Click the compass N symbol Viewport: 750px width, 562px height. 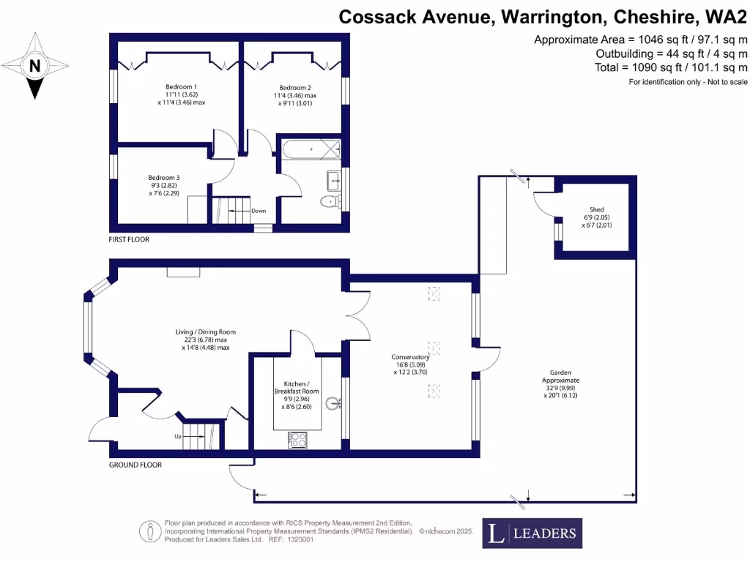34,66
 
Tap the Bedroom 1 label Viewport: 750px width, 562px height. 181,86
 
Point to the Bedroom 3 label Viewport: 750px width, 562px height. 163,177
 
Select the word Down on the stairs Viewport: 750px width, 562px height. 259,211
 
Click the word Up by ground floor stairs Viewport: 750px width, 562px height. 177,436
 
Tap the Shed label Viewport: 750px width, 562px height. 596,209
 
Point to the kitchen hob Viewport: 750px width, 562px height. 297,440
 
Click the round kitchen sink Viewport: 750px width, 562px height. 334,402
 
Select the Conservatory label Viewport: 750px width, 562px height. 409,357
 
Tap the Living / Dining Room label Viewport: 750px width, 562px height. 205,331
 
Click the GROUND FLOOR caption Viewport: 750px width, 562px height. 135,465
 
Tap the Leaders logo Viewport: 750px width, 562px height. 532,533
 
